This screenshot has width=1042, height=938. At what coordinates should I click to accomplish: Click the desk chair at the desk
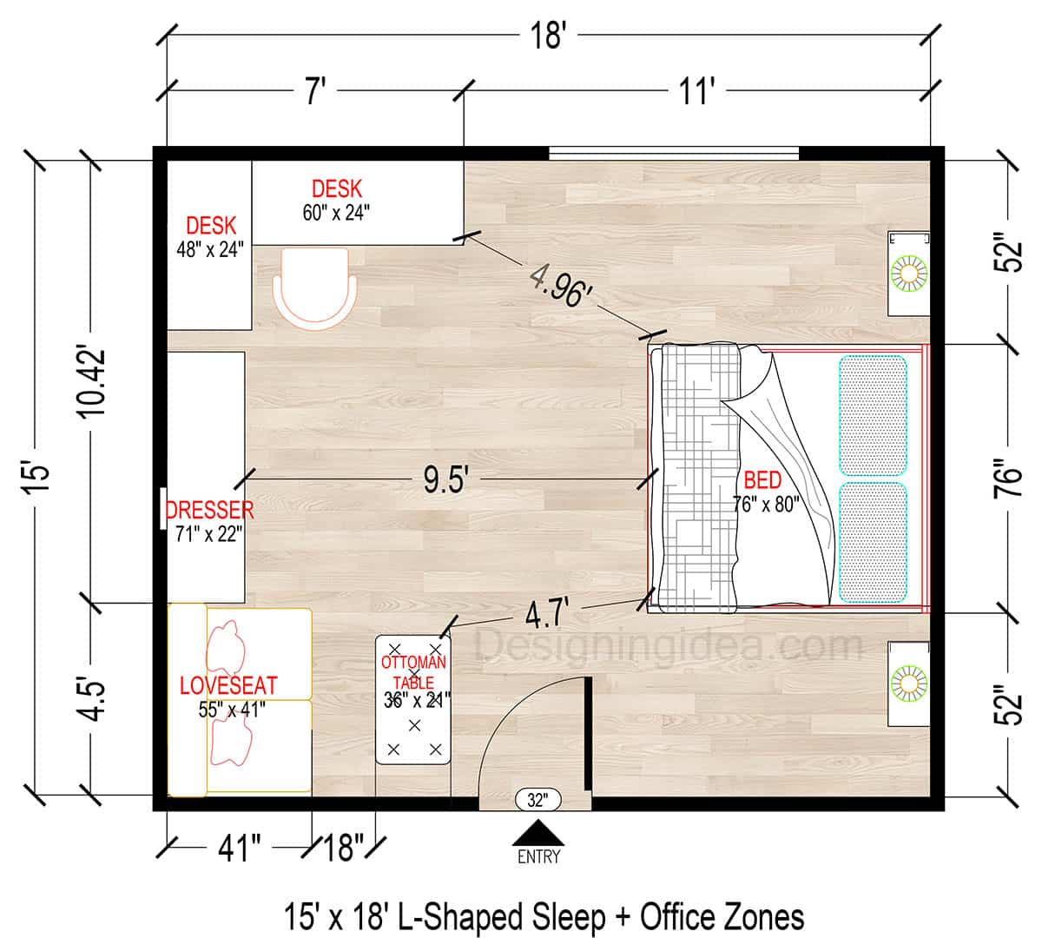313,287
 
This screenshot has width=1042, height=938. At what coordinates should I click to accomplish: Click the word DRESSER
209,510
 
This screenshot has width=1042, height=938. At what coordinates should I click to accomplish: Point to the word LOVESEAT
228,685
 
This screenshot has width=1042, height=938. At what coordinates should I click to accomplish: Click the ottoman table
413,700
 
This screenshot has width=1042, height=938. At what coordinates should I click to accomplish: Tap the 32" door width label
537,799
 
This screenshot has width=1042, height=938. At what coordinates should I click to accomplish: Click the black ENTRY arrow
538,832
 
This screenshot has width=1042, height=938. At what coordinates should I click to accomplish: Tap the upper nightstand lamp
909,273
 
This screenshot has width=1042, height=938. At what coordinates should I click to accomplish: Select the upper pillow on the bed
873,415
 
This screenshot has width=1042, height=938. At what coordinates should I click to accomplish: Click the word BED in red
762,481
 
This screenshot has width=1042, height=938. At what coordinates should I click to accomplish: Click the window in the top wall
673,154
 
